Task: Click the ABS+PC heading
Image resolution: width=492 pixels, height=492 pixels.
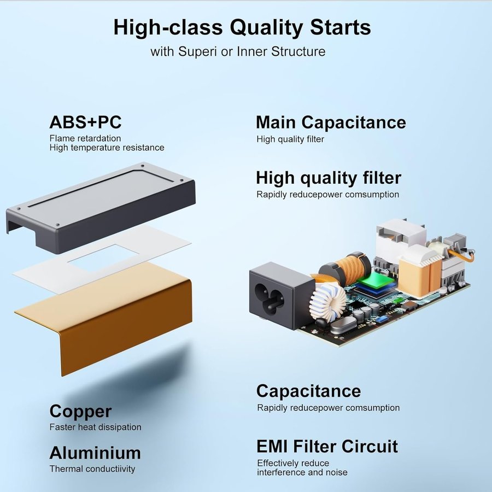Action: (x=85, y=122)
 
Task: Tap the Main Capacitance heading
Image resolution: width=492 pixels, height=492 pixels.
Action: (x=331, y=122)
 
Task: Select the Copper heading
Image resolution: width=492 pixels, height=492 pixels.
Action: (x=80, y=412)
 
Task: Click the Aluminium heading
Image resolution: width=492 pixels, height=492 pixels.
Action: (x=95, y=453)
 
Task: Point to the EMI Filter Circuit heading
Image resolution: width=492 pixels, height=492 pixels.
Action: (x=327, y=446)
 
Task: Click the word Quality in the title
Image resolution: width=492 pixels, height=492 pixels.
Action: (x=266, y=27)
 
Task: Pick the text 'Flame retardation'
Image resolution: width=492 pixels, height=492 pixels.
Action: (x=85, y=138)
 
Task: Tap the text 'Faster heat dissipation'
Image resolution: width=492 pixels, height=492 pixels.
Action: (x=95, y=427)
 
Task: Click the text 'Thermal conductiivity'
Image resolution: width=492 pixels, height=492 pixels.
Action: (x=92, y=469)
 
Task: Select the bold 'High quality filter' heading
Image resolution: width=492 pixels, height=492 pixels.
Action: (x=329, y=178)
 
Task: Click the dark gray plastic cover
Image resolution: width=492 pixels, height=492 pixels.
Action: (x=101, y=207)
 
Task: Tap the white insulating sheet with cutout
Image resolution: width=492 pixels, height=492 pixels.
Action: (x=102, y=259)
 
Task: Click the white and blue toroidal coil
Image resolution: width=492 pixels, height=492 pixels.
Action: (x=327, y=300)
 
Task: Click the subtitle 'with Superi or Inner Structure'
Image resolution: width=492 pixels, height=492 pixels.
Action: (x=238, y=51)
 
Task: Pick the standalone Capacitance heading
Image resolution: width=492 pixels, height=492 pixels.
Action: (x=308, y=391)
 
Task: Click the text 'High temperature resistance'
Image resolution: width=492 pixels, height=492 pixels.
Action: (x=107, y=148)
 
